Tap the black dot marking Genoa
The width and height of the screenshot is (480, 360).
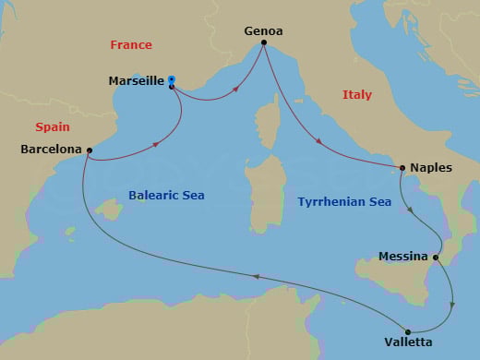[x=264, y=42]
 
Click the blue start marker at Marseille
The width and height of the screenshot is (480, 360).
[x=172, y=80]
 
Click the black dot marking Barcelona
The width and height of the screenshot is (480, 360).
[x=90, y=150]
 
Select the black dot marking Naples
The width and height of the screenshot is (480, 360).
[x=402, y=168]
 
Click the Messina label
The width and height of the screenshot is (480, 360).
[x=402, y=256]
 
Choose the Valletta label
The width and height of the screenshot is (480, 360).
[x=410, y=342]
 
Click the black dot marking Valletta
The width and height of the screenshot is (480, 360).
[x=408, y=331]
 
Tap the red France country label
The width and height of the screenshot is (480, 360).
[x=130, y=44]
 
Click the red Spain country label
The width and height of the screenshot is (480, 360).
[x=53, y=126]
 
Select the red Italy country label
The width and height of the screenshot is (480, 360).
[x=357, y=94]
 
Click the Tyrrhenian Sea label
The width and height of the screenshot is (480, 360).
[x=343, y=200]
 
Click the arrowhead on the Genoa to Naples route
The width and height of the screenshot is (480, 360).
[x=319, y=143]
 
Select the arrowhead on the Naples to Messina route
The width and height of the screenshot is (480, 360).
[x=412, y=211]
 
